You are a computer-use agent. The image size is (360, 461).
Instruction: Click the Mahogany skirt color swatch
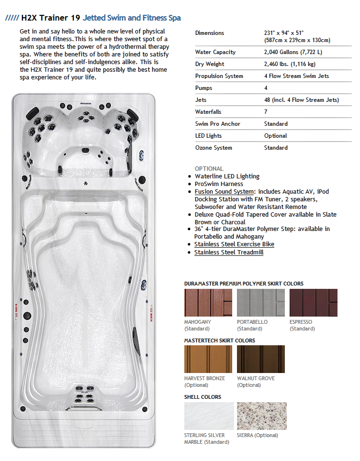click(208, 302)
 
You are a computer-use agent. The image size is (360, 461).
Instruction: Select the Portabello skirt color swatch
click(260, 302)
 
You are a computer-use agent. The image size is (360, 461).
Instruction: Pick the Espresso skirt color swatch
click(313, 302)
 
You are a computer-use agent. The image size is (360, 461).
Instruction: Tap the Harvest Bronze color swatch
click(208, 359)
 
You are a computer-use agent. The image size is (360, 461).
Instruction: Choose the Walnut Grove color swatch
click(260, 359)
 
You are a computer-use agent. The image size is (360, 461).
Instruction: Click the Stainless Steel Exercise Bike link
click(234, 244)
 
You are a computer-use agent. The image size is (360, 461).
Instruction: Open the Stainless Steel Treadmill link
click(229, 252)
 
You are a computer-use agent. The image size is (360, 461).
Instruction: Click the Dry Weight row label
click(210, 64)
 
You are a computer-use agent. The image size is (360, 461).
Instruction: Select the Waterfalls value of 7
click(266, 112)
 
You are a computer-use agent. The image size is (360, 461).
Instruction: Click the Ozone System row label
click(214, 148)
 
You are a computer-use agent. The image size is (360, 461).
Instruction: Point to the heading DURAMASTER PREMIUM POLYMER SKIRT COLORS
click(244, 284)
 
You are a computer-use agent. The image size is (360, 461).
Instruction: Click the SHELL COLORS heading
click(202, 397)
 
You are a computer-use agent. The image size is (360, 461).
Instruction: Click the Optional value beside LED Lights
click(275, 136)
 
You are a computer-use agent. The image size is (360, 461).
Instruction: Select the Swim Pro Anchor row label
click(218, 124)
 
